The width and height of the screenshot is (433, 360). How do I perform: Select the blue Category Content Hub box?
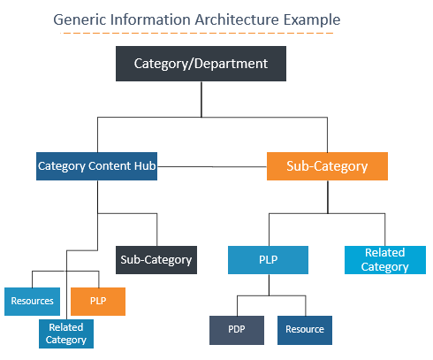tap(97, 165)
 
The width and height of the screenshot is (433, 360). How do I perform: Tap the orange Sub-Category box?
tap(328, 165)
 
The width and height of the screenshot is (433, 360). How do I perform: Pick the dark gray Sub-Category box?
tap(156, 260)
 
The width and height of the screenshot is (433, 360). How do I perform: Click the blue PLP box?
tap(268, 260)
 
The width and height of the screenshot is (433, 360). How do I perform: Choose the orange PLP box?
tap(97, 301)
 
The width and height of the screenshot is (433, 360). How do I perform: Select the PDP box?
tap(236, 329)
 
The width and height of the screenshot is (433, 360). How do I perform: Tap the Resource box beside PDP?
tap(304, 329)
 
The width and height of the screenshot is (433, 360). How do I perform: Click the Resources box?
tap(32, 301)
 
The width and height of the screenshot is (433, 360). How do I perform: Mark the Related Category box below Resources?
tap(65, 333)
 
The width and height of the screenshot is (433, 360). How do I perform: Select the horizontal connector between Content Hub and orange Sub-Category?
tap(212, 165)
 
